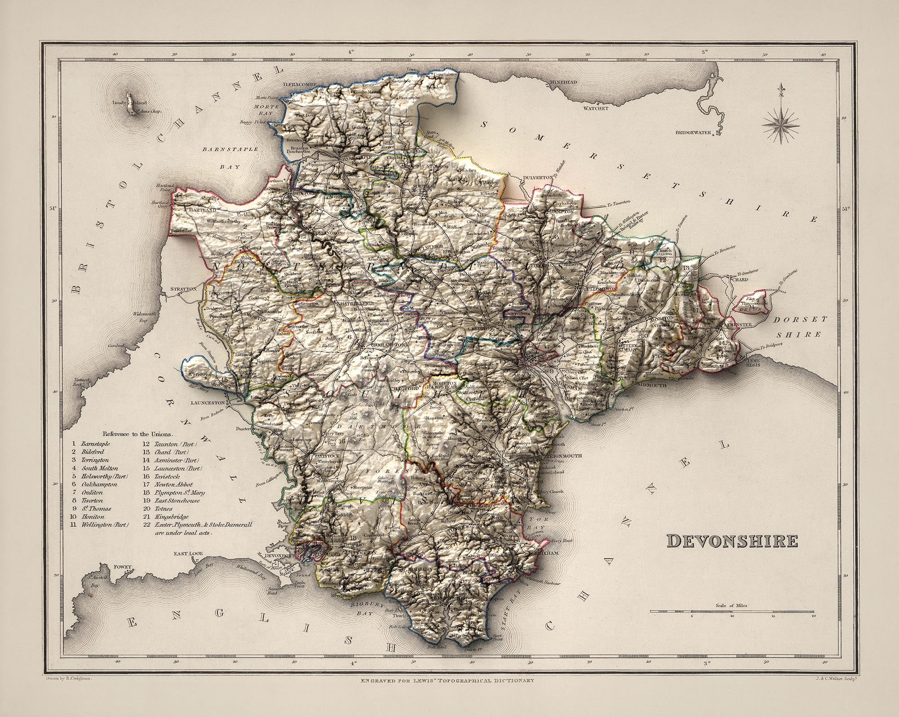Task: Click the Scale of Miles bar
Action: pos(732,612)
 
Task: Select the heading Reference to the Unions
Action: pos(138,434)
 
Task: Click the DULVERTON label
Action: pos(538,178)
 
